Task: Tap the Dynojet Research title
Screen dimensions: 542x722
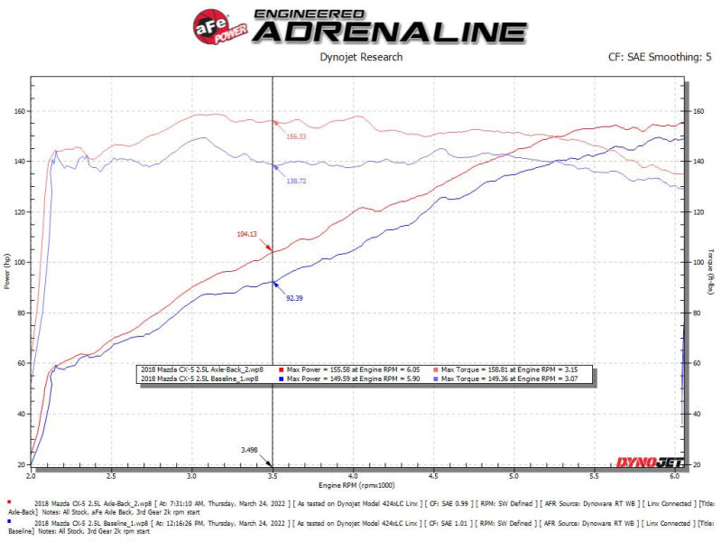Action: (360, 57)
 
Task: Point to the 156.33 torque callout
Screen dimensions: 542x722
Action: (296, 136)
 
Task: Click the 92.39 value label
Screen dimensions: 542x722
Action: (295, 296)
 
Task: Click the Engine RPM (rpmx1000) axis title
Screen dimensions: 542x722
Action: (358, 486)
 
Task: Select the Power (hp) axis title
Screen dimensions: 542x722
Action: (8, 270)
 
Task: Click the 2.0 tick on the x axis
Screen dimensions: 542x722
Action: (32, 473)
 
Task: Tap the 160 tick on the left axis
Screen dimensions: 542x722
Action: (19, 111)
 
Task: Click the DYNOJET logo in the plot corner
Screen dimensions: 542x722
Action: (648, 462)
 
